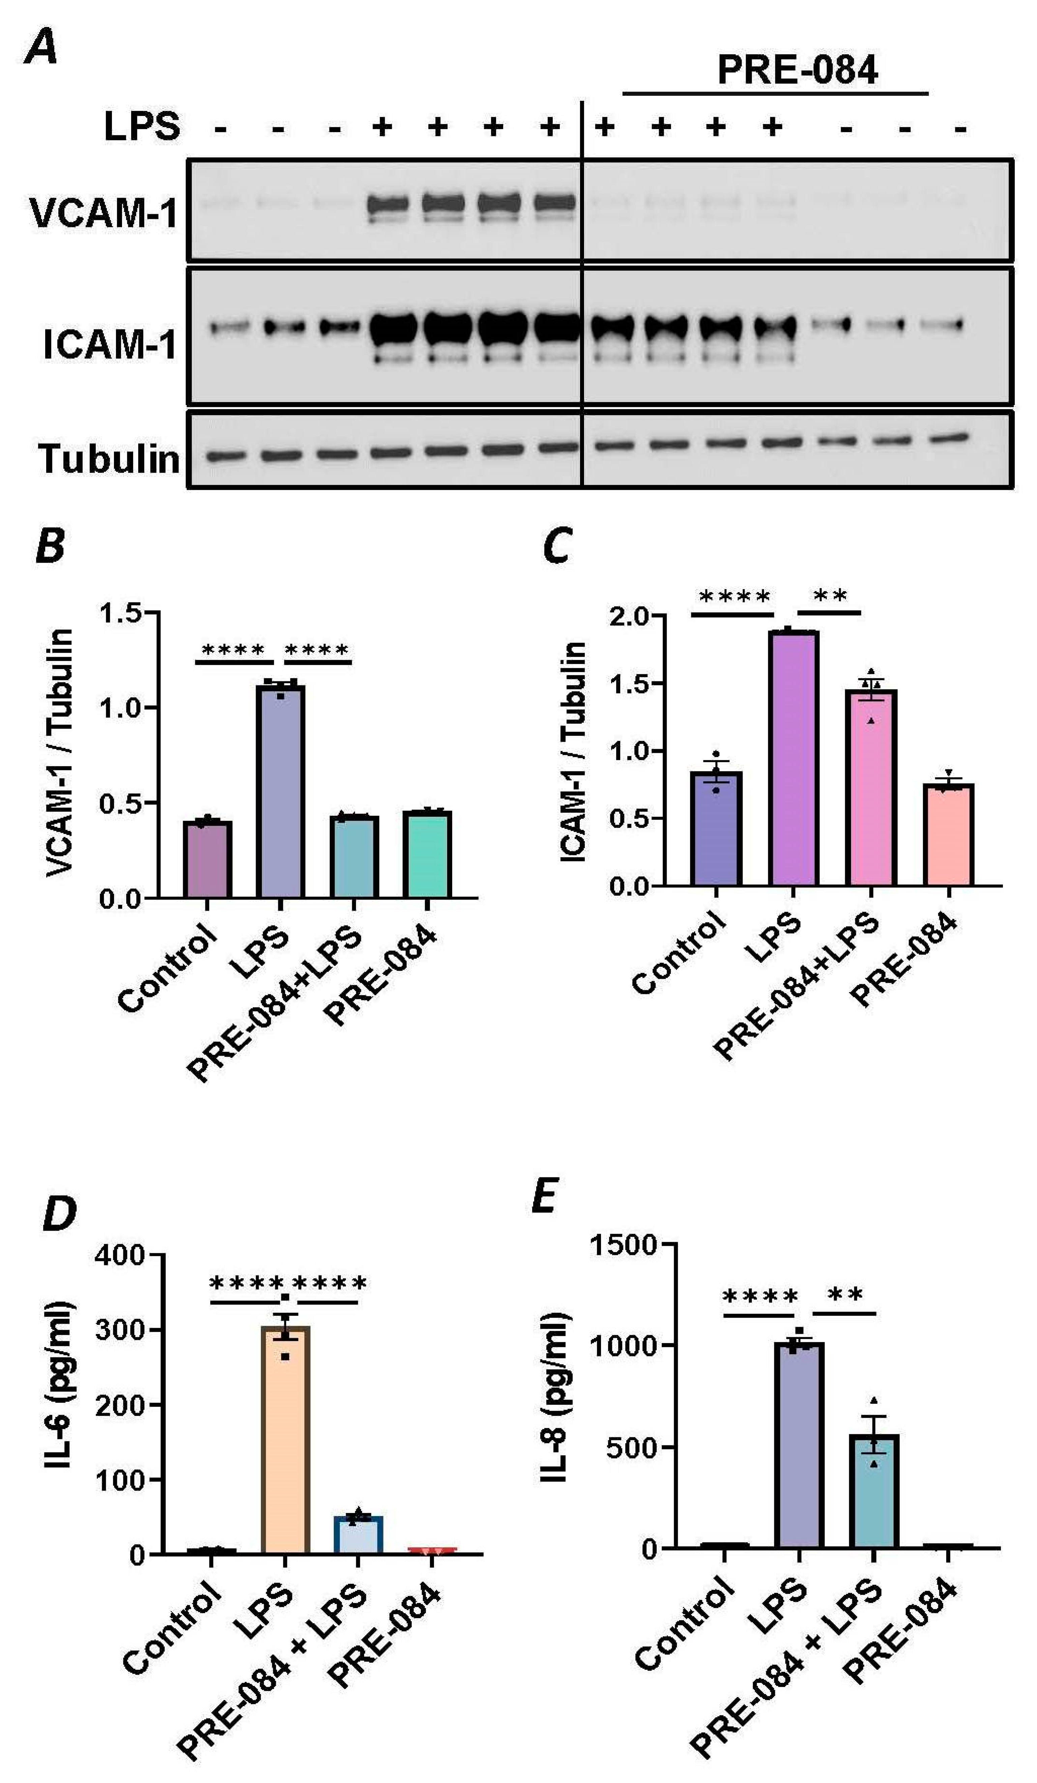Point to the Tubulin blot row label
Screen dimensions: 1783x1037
tap(110, 459)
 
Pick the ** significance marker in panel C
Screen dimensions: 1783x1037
tap(830, 596)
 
